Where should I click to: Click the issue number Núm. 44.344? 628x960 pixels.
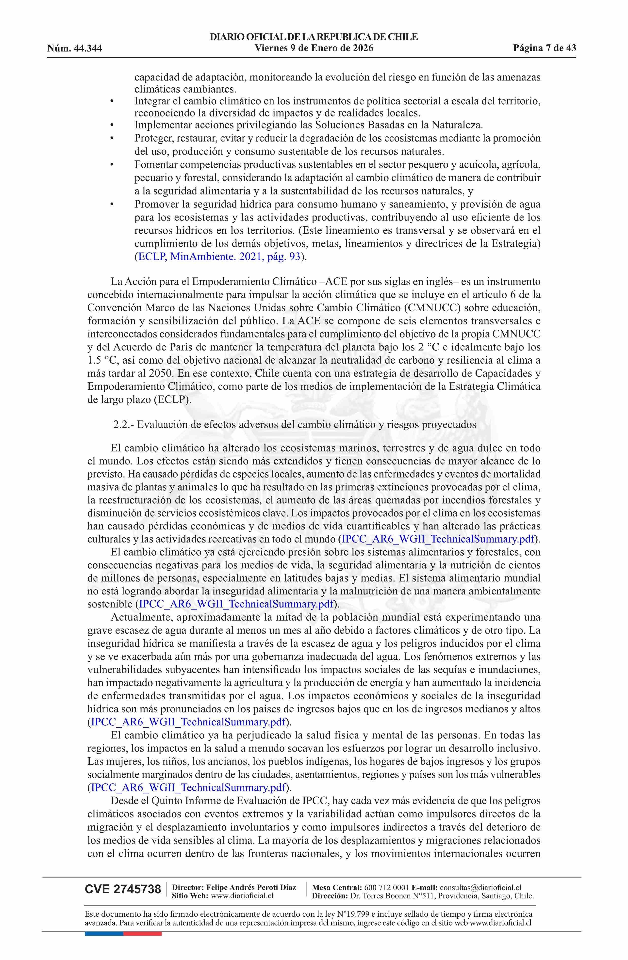point(75,49)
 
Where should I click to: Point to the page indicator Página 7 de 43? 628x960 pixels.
point(545,48)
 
